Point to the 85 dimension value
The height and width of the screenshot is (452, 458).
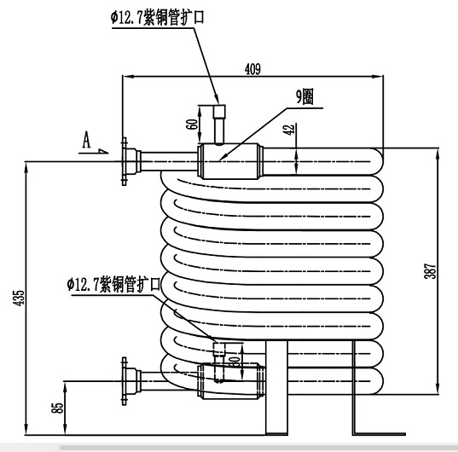pyautogui.click(x=58, y=408)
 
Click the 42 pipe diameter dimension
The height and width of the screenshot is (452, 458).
pyautogui.click(x=288, y=129)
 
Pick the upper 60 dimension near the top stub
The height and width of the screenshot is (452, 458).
pyautogui.click(x=193, y=123)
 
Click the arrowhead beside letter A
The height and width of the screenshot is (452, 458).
pyautogui.click(x=102, y=153)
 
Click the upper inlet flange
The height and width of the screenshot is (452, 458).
pyautogui.click(x=126, y=160)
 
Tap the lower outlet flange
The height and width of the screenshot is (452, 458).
pyautogui.click(x=129, y=380)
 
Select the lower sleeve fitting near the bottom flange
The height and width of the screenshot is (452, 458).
pyautogui.click(x=230, y=379)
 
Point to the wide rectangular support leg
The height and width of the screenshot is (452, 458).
pyautogui.click(x=275, y=388)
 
